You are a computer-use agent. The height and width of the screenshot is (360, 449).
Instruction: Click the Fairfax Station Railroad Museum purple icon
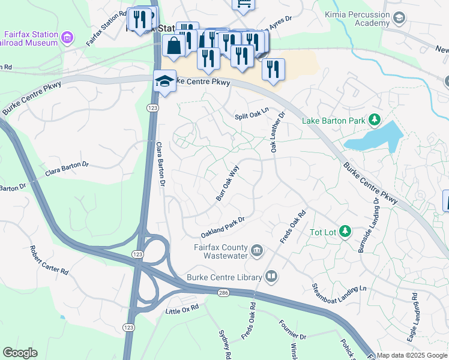pos(67,38)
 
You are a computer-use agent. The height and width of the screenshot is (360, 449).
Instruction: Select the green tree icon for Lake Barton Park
pos(375,120)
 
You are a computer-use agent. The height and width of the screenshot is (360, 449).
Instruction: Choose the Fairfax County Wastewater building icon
pos(256,250)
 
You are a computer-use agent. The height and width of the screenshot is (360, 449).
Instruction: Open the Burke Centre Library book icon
pos(271,277)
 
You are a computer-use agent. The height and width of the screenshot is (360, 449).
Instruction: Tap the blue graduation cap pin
pos(164,81)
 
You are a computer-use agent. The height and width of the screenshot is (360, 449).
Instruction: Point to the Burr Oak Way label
pos(228,182)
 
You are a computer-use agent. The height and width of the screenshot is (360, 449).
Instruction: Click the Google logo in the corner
pos(20,353)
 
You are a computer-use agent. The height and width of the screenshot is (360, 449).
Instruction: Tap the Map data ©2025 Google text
pos(412,355)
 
